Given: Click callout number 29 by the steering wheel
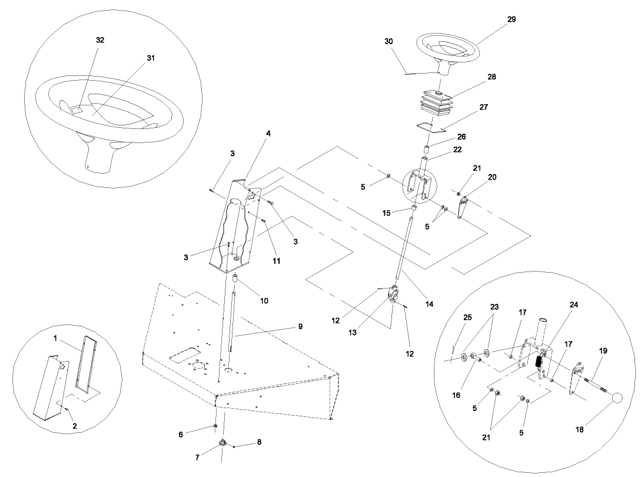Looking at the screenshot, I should coord(511,19).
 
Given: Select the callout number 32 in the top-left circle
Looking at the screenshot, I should coord(101,40).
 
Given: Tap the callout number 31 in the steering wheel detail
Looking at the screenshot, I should coord(152,58).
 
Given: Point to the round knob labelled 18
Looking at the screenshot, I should coord(616,399).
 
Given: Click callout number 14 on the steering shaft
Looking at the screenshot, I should coord(429,304).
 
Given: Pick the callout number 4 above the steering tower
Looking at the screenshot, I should coord(268,134).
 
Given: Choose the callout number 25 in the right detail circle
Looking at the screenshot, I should coord(467,318).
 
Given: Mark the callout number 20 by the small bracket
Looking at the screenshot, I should coord(492,177).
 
